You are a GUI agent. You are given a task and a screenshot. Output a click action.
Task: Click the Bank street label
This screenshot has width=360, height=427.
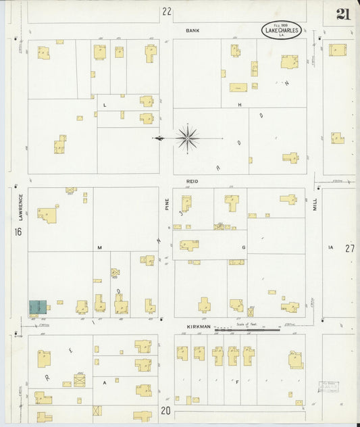[193, 30]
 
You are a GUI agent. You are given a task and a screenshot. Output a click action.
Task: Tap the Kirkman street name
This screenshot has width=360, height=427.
[199, 327]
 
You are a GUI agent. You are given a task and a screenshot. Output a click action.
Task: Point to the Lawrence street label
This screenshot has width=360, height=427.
[21, 207]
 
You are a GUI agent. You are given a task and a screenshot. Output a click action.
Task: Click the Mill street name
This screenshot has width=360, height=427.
[314, 205]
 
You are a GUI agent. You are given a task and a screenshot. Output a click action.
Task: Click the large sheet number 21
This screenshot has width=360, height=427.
[342, 15]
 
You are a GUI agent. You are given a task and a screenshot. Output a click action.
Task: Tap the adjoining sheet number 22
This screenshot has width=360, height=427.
[167, 11]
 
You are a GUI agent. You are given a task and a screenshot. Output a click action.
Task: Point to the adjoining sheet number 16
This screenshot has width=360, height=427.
[18, 232]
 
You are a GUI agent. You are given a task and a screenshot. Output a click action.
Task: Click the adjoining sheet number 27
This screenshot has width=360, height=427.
[349, 248]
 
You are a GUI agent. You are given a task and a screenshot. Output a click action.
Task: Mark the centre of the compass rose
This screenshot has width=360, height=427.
[187, 138]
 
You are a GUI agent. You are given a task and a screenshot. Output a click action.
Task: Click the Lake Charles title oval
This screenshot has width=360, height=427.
[281, 30]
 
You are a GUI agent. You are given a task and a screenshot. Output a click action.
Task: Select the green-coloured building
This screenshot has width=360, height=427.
[37, 307]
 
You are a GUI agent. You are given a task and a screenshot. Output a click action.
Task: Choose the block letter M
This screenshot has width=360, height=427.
[99, 248]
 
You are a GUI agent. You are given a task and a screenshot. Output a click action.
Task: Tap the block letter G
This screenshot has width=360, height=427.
[243, 248]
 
